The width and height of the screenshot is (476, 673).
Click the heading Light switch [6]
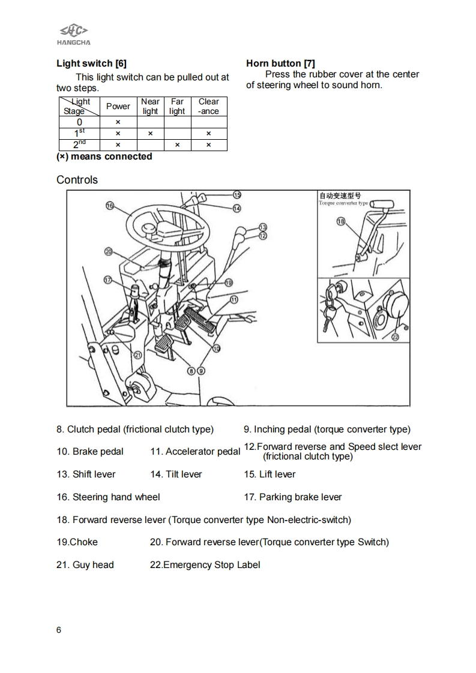tap(91, 63)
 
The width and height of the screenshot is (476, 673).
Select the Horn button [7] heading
tap(280, 63)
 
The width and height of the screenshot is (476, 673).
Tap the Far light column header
tap(177, 106)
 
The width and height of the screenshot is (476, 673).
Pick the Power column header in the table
tap(118, 106)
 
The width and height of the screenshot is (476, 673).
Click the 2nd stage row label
tap(79, 145)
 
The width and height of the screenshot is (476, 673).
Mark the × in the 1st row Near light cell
tap(150, 133)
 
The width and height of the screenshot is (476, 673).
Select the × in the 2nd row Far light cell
tap(177, 145)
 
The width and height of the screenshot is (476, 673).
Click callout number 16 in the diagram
tap(110, 206)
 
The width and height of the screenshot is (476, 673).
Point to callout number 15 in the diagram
tap(236, 194)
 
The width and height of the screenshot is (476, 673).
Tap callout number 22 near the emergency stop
tap(395, 337)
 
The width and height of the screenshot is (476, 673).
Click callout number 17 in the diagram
tap(108, 280)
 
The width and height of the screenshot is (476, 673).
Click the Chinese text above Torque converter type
tap(340, 196)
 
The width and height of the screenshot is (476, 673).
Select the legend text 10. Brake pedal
tap(90, 452)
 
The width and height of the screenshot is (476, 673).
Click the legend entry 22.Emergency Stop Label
tap(205, 565)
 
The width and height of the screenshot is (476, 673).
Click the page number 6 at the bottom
tap(58, 630)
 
